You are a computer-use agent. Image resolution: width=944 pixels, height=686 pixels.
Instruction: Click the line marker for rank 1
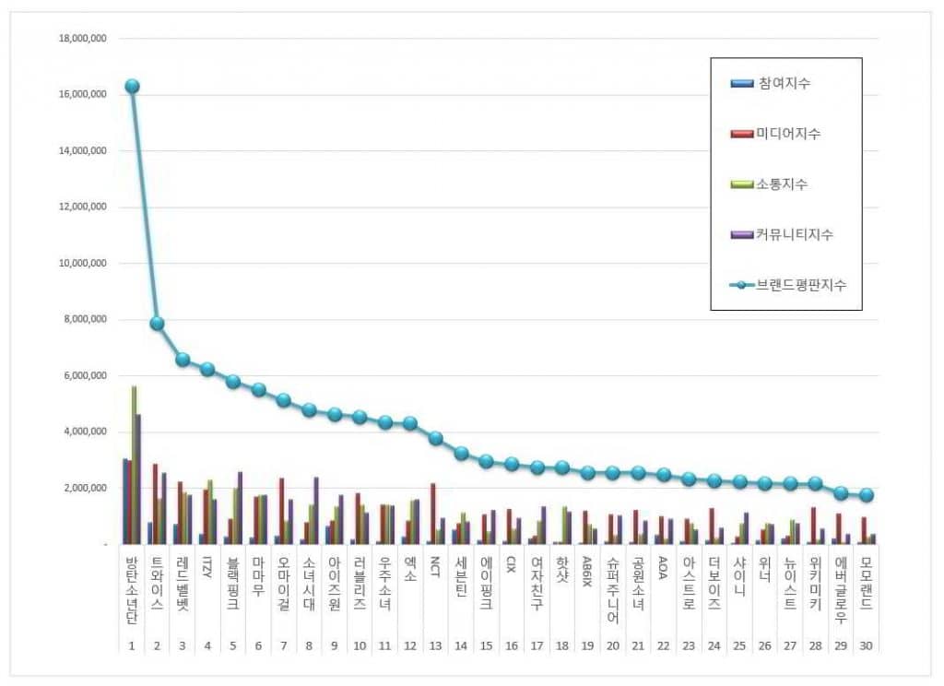[132, 86]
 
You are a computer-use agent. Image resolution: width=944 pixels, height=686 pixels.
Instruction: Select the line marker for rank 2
[157, 323]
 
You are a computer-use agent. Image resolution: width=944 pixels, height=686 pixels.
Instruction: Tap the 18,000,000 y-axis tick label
[82, 39]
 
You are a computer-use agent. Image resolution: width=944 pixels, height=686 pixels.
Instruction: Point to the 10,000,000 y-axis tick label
[82, 263]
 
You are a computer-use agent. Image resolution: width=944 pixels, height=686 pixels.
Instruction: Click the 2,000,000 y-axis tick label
[85, 488]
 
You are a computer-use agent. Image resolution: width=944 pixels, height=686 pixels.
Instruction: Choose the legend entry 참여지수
[785, 84]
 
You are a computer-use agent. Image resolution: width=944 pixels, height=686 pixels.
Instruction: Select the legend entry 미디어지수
[789, 134]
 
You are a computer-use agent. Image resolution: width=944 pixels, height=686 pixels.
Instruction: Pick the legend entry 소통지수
[784, 184]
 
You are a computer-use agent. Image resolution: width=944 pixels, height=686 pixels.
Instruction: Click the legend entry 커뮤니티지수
[796, 235]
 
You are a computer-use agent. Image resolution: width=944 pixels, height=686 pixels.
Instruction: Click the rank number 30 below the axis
[865, 645]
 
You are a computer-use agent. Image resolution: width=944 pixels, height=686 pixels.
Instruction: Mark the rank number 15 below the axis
[486, 645]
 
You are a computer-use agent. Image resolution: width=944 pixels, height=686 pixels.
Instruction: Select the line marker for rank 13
[435, 438]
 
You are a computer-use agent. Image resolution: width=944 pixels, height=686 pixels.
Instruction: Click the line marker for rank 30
[866, 495]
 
